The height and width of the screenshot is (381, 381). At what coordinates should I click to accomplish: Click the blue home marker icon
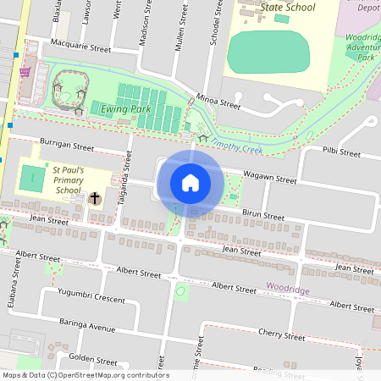(190, 183)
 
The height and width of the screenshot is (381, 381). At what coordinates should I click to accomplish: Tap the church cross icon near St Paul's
(95, 200)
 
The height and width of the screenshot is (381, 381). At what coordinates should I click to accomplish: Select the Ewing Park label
(124, 109)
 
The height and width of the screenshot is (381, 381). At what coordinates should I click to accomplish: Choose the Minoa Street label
(218, 101)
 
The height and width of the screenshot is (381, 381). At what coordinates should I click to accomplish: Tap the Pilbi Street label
(341, 154)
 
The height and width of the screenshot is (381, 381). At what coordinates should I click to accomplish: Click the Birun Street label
(263, 216)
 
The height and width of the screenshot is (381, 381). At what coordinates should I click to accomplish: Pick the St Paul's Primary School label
(67, 179)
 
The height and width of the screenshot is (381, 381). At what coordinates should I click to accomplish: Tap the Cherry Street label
(281, 335)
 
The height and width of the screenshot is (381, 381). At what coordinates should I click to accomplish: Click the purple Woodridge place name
(288, 290)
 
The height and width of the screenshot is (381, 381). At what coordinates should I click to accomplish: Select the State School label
(288, 8)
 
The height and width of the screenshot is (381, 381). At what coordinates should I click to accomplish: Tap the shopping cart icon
(25, 72)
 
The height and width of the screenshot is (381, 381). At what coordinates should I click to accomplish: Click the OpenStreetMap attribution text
(85, 375)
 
